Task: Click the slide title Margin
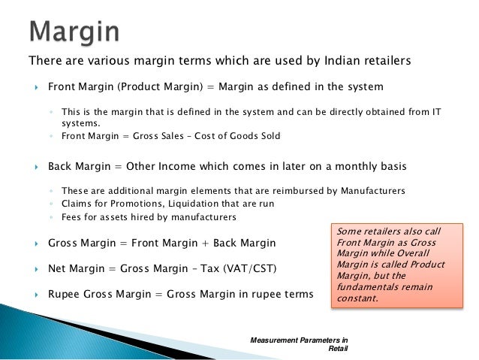74,32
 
